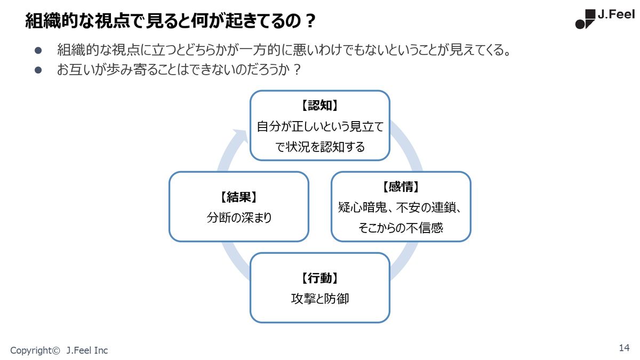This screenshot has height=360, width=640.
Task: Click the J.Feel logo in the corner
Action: click(605, 19)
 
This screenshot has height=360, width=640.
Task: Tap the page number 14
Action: click(625, 348)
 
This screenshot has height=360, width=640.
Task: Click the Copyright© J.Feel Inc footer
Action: click(59, 350)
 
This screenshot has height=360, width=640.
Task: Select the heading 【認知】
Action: click(319, 106)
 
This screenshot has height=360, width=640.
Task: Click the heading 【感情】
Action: click(401, 187)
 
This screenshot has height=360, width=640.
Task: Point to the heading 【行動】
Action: click(319, 278)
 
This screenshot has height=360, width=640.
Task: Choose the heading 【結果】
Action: click(239, 197)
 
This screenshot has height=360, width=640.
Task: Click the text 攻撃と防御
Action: click(320, 299)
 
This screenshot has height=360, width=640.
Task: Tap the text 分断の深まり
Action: click(239, 218)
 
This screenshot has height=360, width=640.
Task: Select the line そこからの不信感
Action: click(401, 228)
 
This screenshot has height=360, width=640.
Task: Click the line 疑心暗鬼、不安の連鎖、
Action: click(399, 207)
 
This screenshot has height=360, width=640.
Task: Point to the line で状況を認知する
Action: click(320, 147)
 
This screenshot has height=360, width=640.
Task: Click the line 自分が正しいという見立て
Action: click(320, 126)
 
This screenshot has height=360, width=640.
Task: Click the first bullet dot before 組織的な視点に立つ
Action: click(38, 51)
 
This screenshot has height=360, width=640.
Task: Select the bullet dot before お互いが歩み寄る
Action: click(38, 70)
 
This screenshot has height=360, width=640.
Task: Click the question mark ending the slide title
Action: click(310, 21)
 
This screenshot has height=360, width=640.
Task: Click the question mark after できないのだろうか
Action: click(297, 69)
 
